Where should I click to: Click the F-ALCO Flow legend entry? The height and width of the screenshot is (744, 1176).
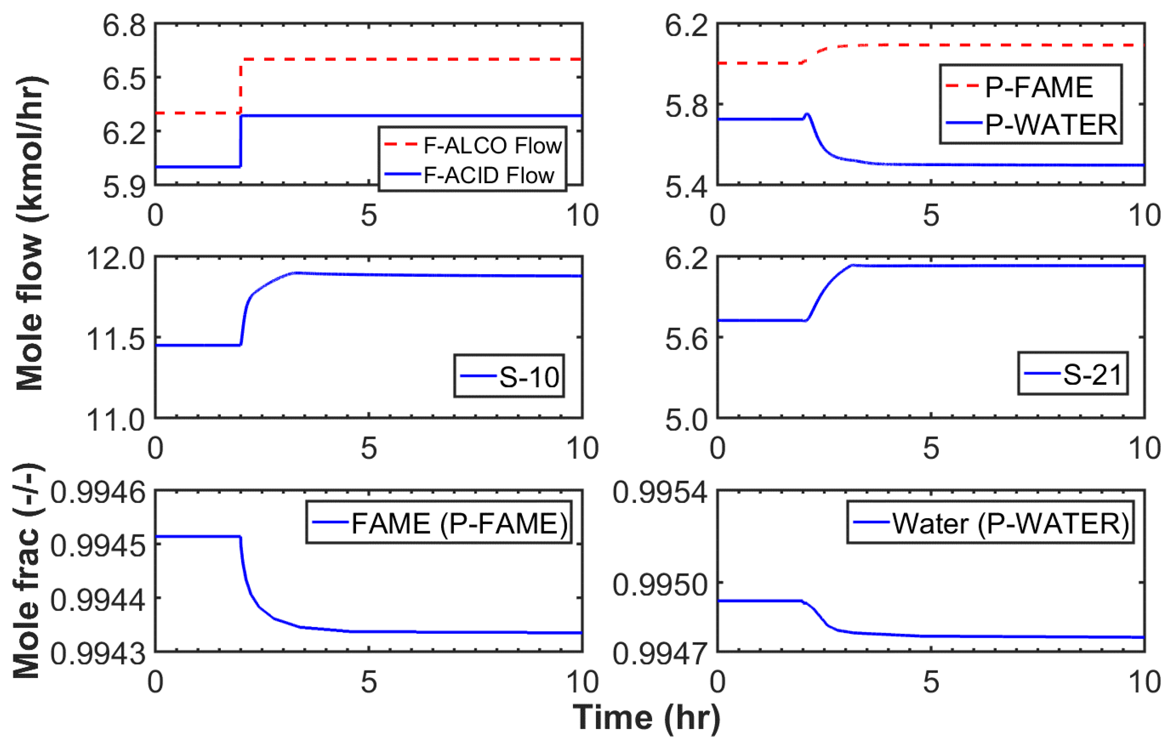tap(492, 145)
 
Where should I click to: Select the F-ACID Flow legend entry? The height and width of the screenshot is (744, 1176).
tap(488, 175)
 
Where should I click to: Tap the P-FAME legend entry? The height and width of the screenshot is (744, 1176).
tap(1038, 87)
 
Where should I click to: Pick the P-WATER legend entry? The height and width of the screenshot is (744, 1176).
tap(1050, 124)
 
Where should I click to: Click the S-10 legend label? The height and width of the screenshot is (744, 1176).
tap(528, 377)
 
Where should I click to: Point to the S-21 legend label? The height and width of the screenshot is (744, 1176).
tap(1092, 375)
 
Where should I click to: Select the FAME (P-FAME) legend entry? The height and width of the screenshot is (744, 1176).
tap(459, 524)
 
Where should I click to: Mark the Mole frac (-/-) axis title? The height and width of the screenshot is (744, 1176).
tap(27, 571)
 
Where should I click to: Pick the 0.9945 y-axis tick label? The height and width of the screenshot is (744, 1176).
tap(98, 545)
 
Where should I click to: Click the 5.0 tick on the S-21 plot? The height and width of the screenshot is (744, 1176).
tap(686, 420)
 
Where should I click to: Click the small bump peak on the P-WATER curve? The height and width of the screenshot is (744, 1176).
tap(807, 114)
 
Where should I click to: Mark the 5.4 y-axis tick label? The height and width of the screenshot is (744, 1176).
tap(686, 187)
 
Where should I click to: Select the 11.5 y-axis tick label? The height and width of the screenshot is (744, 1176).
tap(116, 339)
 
